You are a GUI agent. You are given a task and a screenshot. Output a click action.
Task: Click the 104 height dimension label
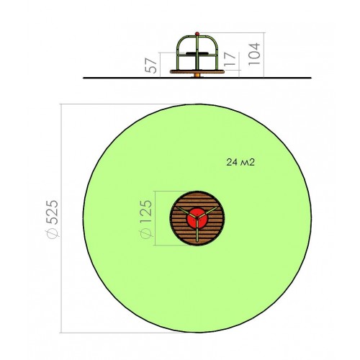click(254, 54)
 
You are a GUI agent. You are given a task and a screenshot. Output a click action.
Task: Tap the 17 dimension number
click(230, 59)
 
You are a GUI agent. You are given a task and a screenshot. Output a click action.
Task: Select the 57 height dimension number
click(151, 66)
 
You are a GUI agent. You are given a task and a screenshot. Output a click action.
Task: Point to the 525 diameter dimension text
click(52, 212)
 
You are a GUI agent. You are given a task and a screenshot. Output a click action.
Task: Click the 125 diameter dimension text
click(146, 211)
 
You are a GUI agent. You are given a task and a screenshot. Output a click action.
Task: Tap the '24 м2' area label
click(240, 163)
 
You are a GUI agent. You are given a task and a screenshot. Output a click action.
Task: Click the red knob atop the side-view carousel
click(197, 34)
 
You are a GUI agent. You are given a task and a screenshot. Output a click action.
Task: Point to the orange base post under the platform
click(197, 76)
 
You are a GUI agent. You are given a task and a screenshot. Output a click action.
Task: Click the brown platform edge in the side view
click(197, 71)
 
